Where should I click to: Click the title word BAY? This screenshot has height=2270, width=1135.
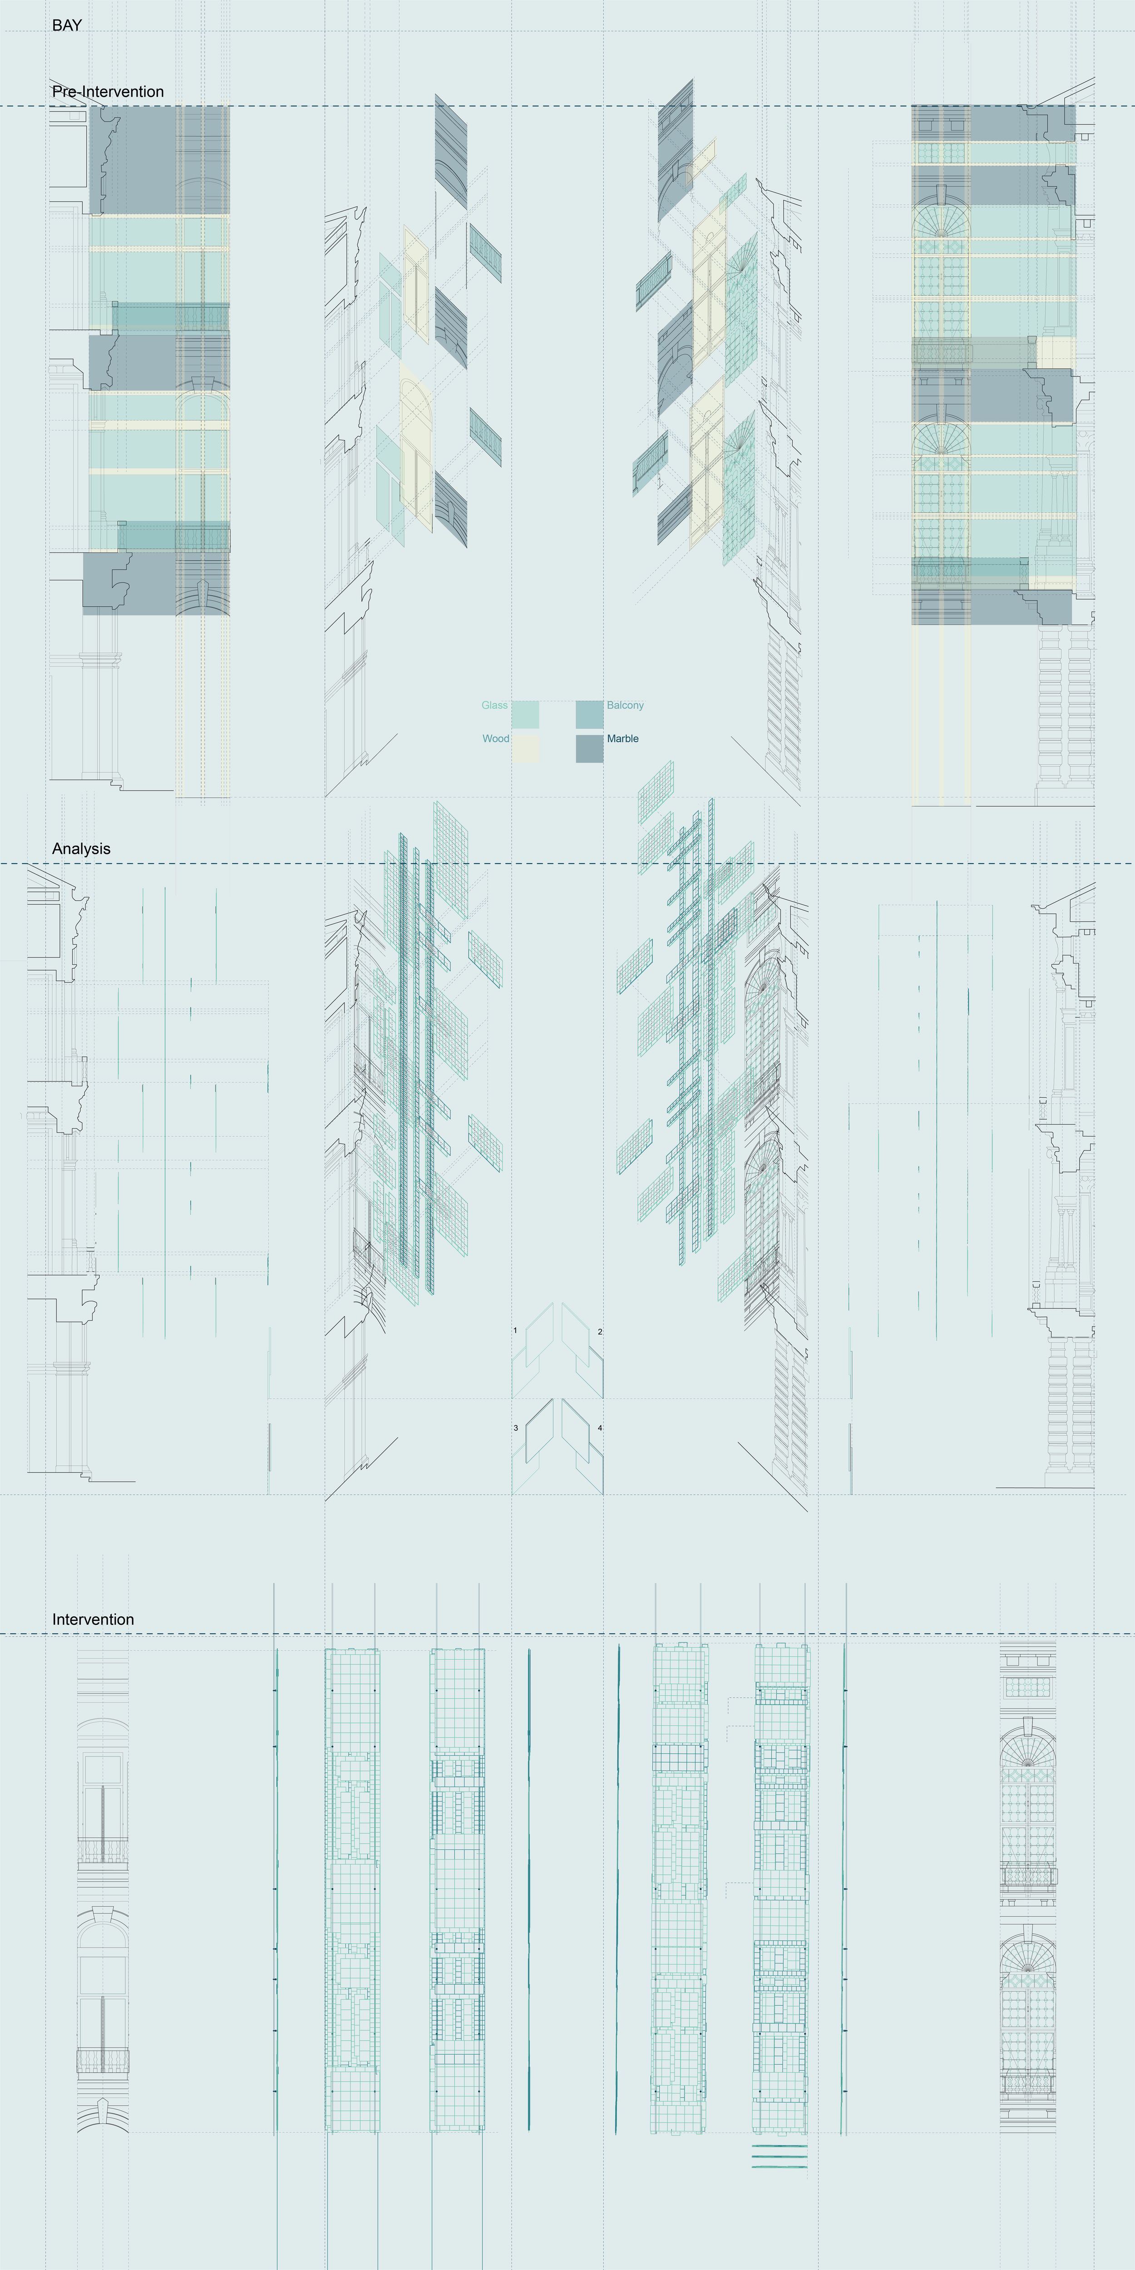(x=67, y=25)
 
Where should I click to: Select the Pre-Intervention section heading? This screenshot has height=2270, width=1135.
(x=108, y=92)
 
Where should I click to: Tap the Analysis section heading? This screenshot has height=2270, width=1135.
(x=81, y=849)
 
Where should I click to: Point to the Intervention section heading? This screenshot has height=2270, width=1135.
(x=93, y=1620)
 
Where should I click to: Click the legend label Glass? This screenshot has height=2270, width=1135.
(x=494, y=705)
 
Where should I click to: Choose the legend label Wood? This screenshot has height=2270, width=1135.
(x=495, y=739)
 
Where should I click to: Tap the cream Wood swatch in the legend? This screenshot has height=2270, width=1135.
(x=525, y=748)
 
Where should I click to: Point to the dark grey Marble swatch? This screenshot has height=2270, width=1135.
(x=590, y=748)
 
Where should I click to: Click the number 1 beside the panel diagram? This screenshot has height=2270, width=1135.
(x=515, y=1331)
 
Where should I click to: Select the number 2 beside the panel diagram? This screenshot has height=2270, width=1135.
(x=600, y=1332)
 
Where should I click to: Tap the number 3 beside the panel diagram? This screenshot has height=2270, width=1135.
(x=515, y=1427)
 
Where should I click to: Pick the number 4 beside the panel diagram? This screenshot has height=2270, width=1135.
(x=600, y=1427)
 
